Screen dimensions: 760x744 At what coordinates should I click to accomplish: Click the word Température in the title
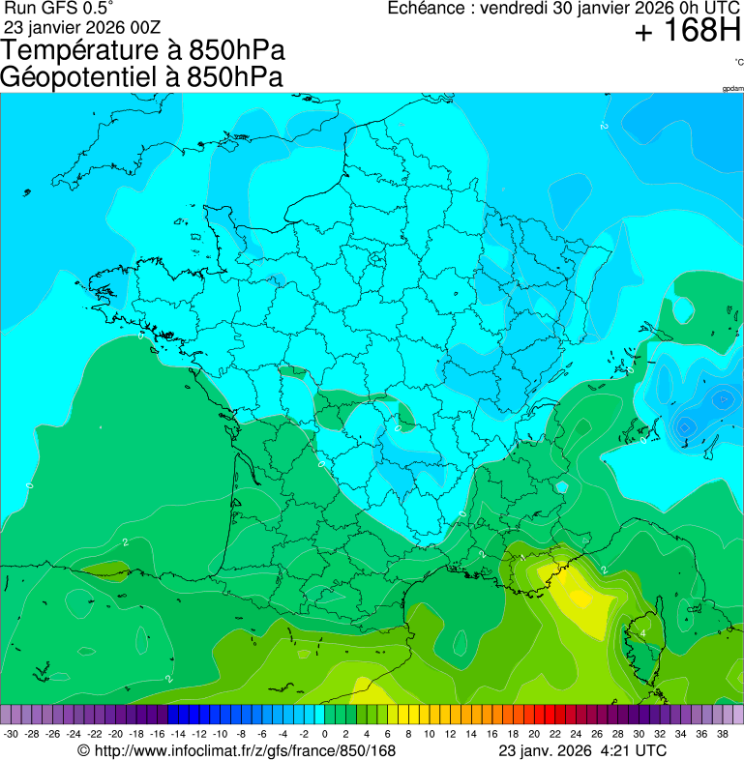click(x=73, y=51)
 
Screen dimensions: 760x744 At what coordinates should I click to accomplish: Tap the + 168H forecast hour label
click(x=687, y=32)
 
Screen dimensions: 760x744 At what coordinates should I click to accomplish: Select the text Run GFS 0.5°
click(x=59, y=8)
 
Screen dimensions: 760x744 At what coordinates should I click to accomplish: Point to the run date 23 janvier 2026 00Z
click(x=82, y=26)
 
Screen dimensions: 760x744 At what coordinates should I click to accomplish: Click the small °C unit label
click(x=738, y=62)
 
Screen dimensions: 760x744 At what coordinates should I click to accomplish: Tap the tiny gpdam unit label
click(x=732, y=88)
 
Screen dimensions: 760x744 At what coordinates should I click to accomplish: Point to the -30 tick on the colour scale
click(x=11, y=734)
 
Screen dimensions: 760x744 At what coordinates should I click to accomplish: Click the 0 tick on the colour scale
click(x=324, y=734)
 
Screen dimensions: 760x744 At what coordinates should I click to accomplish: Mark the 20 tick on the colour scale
click(x=534, y=734)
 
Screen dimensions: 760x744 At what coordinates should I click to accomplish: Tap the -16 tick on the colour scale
click(x=158, y=734)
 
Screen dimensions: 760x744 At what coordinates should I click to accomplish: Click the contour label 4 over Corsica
click(x=642, y=633)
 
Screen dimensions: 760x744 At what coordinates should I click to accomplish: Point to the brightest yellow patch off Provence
click(x=580, y=597)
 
